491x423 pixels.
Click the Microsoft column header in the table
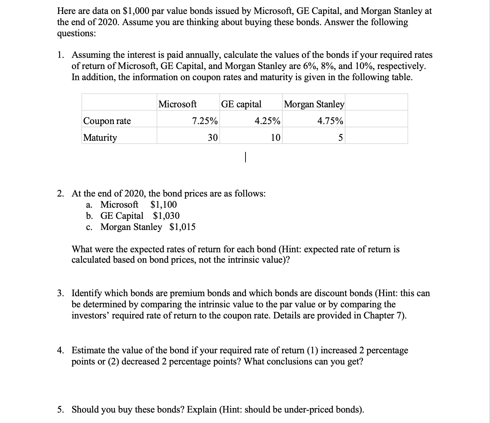click(177, 104)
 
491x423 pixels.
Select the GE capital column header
click(241, 104)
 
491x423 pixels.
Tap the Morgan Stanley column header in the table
click(314, 104)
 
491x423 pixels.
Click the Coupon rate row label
click(107, 121)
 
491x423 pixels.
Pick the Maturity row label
click(100, 137)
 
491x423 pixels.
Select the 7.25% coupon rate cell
click(205, 121)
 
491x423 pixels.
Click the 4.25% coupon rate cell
click(267, 121)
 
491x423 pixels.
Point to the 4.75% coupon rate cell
click(330, 121)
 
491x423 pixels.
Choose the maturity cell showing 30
click(213, 137)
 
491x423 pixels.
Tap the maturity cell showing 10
click(275, 137)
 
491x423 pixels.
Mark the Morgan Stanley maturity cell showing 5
click(341, 137)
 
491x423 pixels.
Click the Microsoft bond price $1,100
click(163, 204)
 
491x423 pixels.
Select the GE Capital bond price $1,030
click(166, 216)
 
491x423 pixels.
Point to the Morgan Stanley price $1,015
click(182, 227)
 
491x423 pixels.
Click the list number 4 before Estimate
click(60, 350)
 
